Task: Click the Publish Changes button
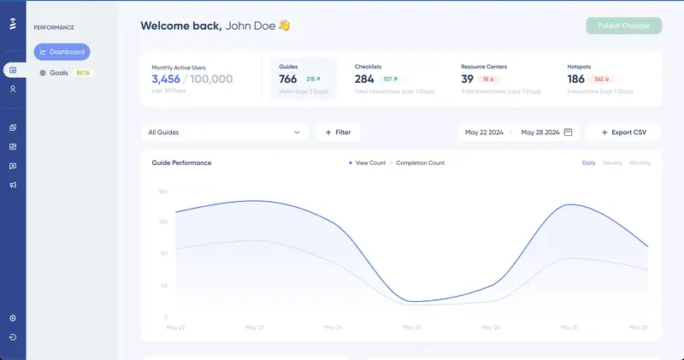tap(623, 26)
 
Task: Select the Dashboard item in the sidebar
tap(62, 52)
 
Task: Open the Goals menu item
tap(58, 73)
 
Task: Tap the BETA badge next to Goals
tap(84, 73)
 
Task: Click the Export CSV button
tap(623, 133)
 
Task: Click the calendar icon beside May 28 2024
tap(568, 133)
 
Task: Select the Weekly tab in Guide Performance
tap(612, 162)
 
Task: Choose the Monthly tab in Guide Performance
tap(640, 162)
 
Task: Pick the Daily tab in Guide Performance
tap(588, 162)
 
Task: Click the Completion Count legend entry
tap(419, 162)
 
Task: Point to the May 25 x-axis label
tap(411, 327)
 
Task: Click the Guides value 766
tap(288, 79)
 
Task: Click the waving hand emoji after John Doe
tap(285, 26)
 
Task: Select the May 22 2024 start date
tap(483, 133)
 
